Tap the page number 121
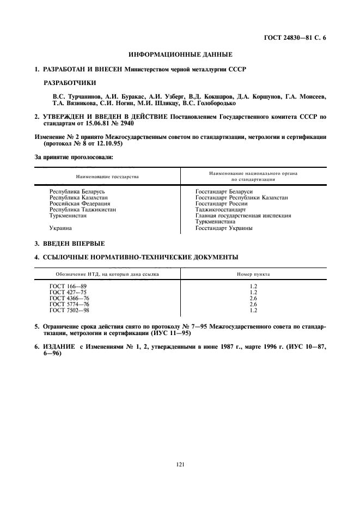[x=180, y=464]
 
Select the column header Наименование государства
[x=107, y=177]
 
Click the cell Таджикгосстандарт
[x=220, y=209]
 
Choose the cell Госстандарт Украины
[x=223, y=228]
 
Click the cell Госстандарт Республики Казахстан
[x=241, y=197]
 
